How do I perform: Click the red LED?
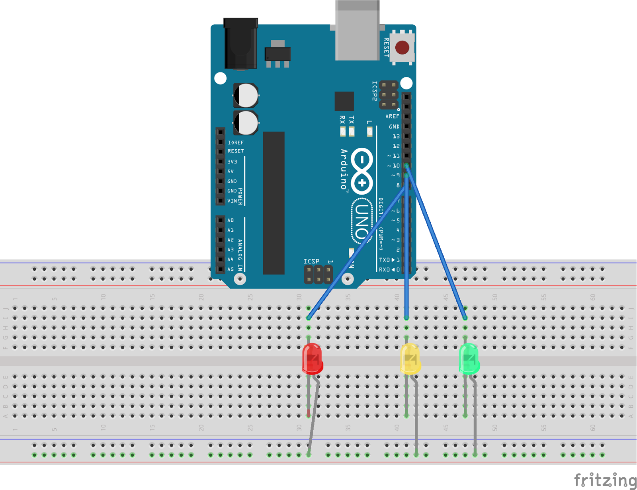coord(312,358)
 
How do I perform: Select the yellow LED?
coord(410,359)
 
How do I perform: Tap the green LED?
coord(469,358)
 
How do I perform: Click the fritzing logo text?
coord(605,480)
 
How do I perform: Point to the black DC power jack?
coord(240,44)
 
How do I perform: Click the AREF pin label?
coord(392,116)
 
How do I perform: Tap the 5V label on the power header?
coord(231,172)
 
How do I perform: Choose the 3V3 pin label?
coord(232,162)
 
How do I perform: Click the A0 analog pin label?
coord(231,220)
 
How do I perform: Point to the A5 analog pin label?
coord(231,269)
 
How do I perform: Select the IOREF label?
coord(236,143)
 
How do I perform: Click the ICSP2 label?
coord(374,91)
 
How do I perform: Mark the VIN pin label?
coord(232,201)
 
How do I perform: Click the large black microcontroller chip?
coord(274,203)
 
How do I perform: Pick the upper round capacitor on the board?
coord(246,96)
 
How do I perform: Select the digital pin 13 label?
coord(396,136)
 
